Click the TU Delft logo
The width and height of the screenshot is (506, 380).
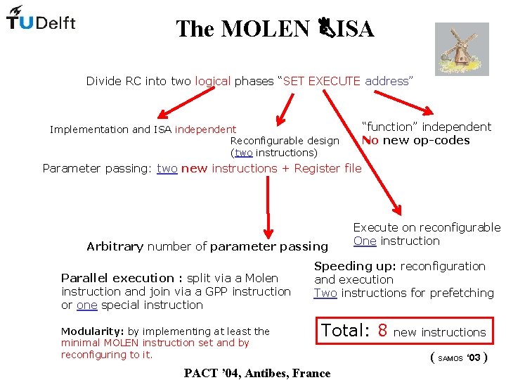[40, 20]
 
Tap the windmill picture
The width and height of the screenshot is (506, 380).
[461, 49]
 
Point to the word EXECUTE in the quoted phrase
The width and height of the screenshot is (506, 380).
[334, 81]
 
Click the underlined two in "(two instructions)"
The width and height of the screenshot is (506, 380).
[243, 153]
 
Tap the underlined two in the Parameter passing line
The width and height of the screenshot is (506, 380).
[167, 168]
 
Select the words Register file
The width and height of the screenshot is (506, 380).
[327, 168]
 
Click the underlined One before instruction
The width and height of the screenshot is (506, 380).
[365, 241]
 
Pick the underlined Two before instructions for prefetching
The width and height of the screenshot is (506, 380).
[325, 293]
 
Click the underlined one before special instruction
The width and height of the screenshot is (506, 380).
[86, 305]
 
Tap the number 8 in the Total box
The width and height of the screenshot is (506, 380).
[382, 331]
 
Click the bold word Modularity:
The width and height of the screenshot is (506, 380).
[92, 331]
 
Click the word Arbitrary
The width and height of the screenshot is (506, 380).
[115, 246]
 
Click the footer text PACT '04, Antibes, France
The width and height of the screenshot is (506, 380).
[257, 373]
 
